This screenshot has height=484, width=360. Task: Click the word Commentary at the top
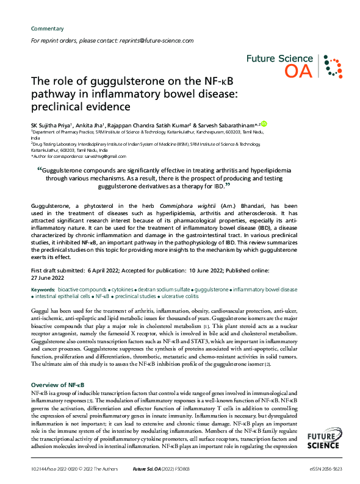coord(47,29)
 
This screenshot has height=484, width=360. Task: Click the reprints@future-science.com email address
coord(156,41)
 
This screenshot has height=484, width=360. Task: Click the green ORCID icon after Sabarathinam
coord(264,124)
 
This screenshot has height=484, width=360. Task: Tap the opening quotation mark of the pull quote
coord(40,170)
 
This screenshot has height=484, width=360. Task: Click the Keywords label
coord(43,288)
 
